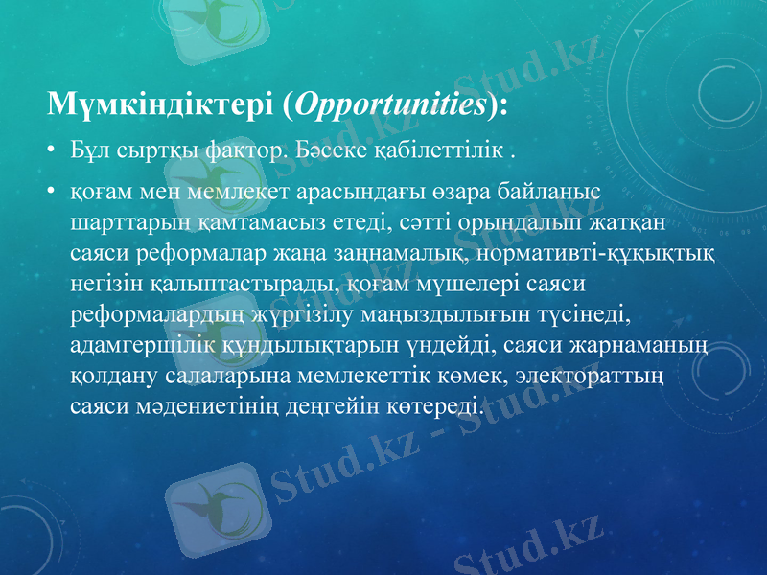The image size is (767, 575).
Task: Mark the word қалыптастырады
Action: click(241, 284)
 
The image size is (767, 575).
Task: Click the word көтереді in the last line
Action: click(432, 406)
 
